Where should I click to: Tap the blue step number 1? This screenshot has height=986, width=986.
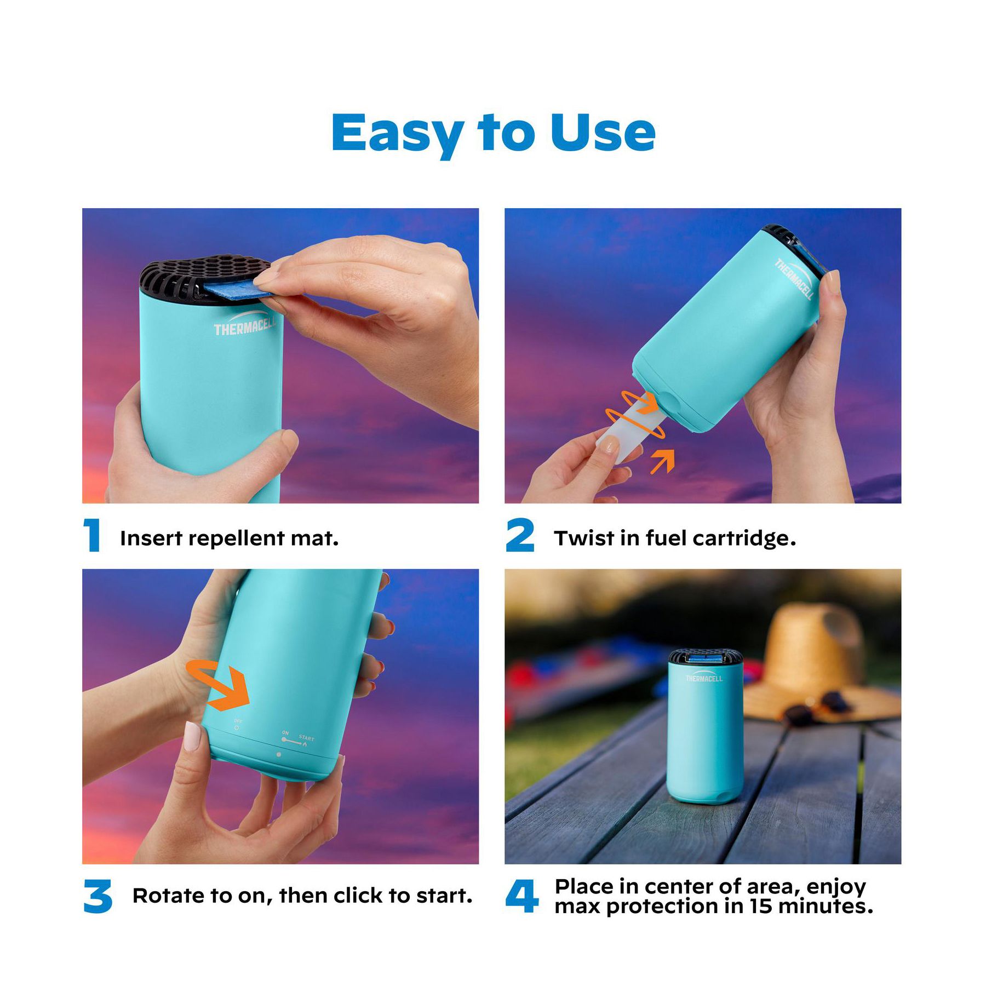[x=92, y=535]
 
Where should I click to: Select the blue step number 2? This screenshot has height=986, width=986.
[x=520, y=535]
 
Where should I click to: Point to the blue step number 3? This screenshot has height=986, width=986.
[x=98, y=897]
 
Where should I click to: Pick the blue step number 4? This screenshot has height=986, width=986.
[x=521, y=897]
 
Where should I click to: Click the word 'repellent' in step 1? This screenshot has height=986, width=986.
[x=237, y=539]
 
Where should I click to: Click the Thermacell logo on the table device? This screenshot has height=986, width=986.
[x=704, y=678]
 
